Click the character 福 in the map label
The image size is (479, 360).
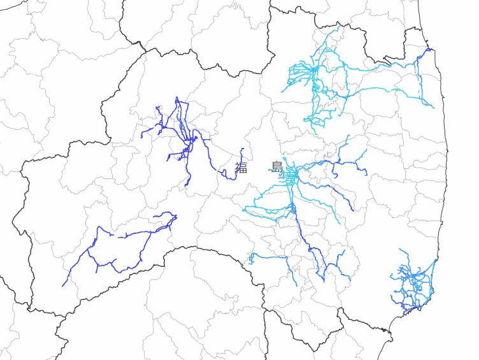pyautogui.click(x=241, y=168)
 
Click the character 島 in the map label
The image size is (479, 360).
pyautogui.click(x=277, y=168)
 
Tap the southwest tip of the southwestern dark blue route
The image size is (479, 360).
pyautogui.click(x=63, y=285)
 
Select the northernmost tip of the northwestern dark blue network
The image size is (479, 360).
pyautogui.click(x=176, y=97)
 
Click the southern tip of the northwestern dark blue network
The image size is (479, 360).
pyautogui.click(x=186, y=185)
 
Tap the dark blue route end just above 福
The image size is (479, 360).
pyautogui.click(x=243, y=149)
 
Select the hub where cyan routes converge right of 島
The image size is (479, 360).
pyautogui.click(x=292, y=173)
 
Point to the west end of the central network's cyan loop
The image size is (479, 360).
pyautogui.click(x=245, y=208)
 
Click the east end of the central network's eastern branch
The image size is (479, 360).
pyautogui.click(x=367, y=174)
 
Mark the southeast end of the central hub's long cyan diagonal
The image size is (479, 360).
pyautogui.click(x=338, y=224)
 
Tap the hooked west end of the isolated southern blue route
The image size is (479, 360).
pyautogui.click(x=250, y=262)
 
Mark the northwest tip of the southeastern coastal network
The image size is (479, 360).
pyautogui.click(x=400, y=250)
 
